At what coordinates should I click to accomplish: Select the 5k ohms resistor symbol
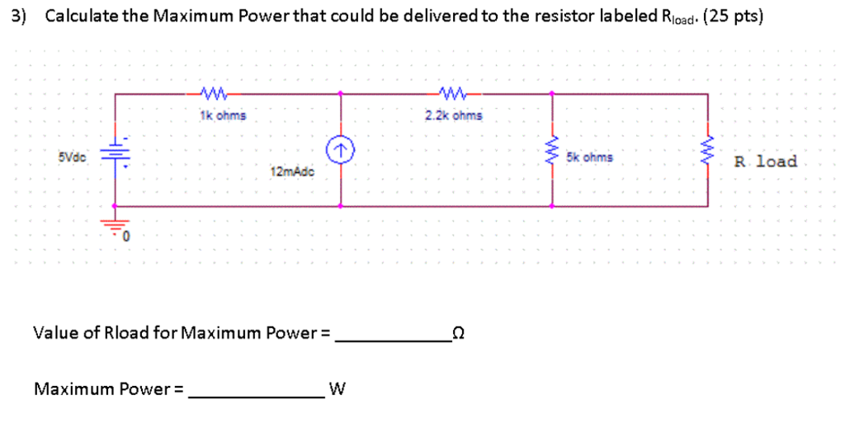click(x=553, y=150)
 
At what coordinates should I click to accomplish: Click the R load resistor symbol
click(x=707, y=150)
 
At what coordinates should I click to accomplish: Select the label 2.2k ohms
click(x=454, y=116)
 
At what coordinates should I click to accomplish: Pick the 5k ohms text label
click(x=589, y=156)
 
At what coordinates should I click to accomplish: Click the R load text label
click(x=765, y=161)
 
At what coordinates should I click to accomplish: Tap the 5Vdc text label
click(x=72, y=155)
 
